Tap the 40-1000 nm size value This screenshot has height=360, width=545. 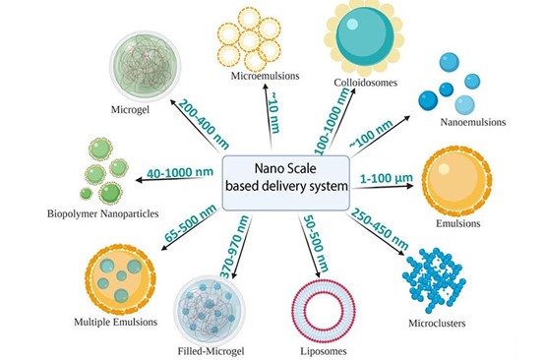pyautogui.click(x=178, y=173)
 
